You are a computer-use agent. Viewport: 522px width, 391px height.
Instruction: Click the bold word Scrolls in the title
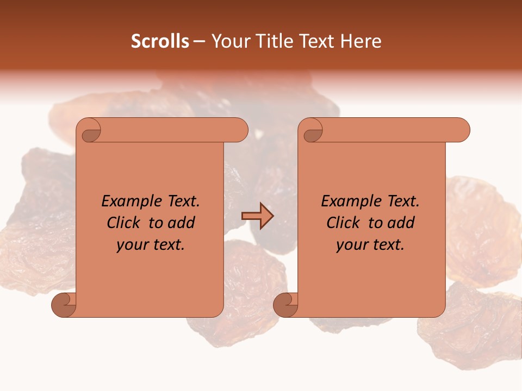(x=160, y=41)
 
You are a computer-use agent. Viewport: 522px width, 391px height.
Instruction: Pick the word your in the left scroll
(x=131, y=245)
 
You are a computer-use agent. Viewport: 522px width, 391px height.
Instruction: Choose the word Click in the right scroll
(x=344, y=223)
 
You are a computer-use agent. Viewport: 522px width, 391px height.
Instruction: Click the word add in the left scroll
(x=182, y=223)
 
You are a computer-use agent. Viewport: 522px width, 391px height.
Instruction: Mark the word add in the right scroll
(x=401, y=223)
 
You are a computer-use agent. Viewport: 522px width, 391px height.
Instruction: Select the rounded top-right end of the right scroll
(x=462, y=130)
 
